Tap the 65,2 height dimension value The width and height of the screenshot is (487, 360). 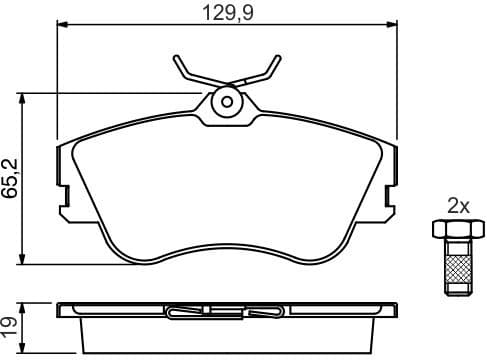[10, 177]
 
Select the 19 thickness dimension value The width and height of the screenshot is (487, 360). [10, 326]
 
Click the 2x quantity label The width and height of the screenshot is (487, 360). [458, 206]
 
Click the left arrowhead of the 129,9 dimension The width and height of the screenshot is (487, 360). [57, 27]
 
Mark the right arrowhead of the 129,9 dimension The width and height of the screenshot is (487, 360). [394, 27]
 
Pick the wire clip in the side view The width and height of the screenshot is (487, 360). [226, 312]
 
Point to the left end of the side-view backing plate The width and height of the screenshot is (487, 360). [62, 309]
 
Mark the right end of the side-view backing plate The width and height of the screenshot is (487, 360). [390, 309]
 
